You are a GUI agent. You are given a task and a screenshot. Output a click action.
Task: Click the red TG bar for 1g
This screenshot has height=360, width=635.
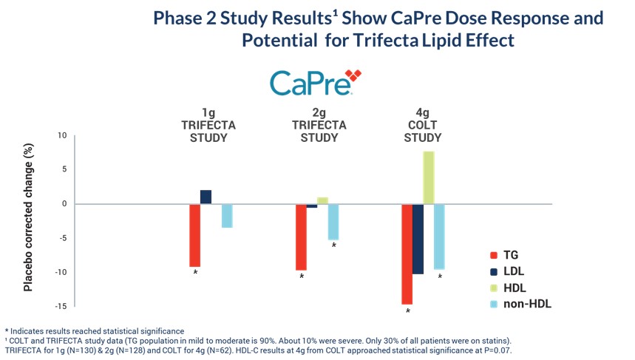195,235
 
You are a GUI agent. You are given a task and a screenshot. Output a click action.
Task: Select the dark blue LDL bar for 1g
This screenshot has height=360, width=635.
206,197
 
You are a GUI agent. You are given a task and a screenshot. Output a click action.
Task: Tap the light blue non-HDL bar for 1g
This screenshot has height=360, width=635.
227,216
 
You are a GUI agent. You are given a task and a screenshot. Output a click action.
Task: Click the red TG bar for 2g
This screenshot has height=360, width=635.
301,237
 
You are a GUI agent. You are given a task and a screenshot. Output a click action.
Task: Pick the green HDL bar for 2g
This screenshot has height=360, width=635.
322,200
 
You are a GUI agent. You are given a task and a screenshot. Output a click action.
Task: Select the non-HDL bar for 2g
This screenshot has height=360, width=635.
333,222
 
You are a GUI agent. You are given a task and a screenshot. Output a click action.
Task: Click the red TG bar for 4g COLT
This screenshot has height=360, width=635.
407,254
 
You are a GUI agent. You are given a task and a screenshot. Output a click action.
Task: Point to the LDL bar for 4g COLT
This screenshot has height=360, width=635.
418,239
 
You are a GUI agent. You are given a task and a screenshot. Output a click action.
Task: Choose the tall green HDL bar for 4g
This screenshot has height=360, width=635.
429,177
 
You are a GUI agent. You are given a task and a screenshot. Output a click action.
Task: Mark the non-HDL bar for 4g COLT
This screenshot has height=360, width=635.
439,237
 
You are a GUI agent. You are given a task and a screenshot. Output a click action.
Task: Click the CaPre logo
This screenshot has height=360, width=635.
315,83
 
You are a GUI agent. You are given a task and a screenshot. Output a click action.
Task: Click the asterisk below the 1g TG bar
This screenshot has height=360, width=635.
195,273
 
